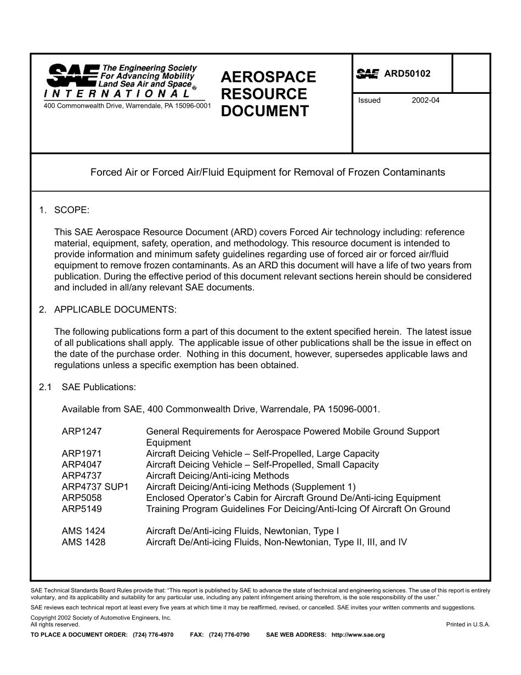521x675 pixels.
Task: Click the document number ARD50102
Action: [x=407, y=74]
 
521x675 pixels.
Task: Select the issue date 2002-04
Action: [x=426, y=100]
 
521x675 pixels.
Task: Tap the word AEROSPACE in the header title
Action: [x=268, y=77]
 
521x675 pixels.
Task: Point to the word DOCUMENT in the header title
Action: [x=264, y=111]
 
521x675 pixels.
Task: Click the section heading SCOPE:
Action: [x=71, y=210]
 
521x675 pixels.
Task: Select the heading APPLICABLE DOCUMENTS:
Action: [x=115, y=310]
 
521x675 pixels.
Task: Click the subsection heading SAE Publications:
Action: [x=99, y=387]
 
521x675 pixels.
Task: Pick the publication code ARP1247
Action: [x=82, y=431]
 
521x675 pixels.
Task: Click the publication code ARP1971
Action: [x=82, y=454]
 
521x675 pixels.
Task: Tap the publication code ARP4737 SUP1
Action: [x=95, y=487]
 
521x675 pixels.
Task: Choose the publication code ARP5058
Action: [x=82, y=498]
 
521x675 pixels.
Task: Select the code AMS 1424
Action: [x=83, y=531]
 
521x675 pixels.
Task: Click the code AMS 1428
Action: [x=83, y=542]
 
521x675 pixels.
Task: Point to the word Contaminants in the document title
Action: [x=413, y=172]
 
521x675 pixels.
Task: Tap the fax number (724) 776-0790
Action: [x=229, y=635]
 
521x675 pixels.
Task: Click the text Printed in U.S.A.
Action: [x=468, y=625]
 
